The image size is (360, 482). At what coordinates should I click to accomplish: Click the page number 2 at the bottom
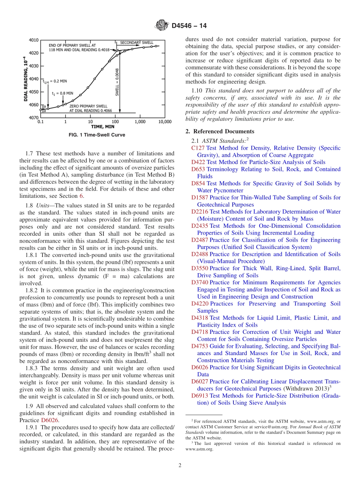(x=180, y=465)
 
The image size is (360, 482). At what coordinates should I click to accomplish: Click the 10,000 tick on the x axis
(x=164, y=122)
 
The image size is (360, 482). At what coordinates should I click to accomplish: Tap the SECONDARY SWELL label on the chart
(x=137, y=42)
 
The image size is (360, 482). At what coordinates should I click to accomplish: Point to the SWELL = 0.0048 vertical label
(x=117, y=81)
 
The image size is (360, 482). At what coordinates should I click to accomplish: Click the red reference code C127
(x=198, y=148)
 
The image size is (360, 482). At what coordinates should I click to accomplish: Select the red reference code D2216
(x=200, y=212)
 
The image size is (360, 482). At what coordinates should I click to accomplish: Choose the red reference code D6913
(x=200, y=396)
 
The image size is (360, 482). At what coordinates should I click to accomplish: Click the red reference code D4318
(x=200, y=318)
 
